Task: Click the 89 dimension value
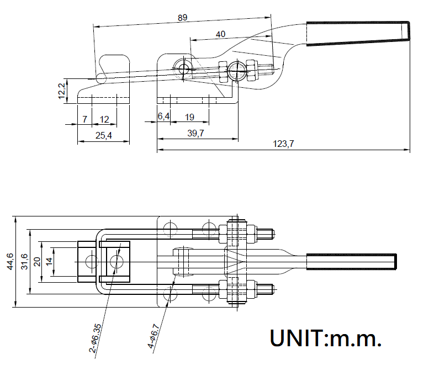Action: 183,17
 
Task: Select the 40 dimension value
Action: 221,34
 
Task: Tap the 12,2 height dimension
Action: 62,91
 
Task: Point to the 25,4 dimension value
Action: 103,136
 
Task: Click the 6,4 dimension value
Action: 163,117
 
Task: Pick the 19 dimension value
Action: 189,117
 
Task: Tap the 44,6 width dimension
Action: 10,262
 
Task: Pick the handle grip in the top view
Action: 351,261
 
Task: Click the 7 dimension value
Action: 84,119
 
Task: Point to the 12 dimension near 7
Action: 104,119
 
